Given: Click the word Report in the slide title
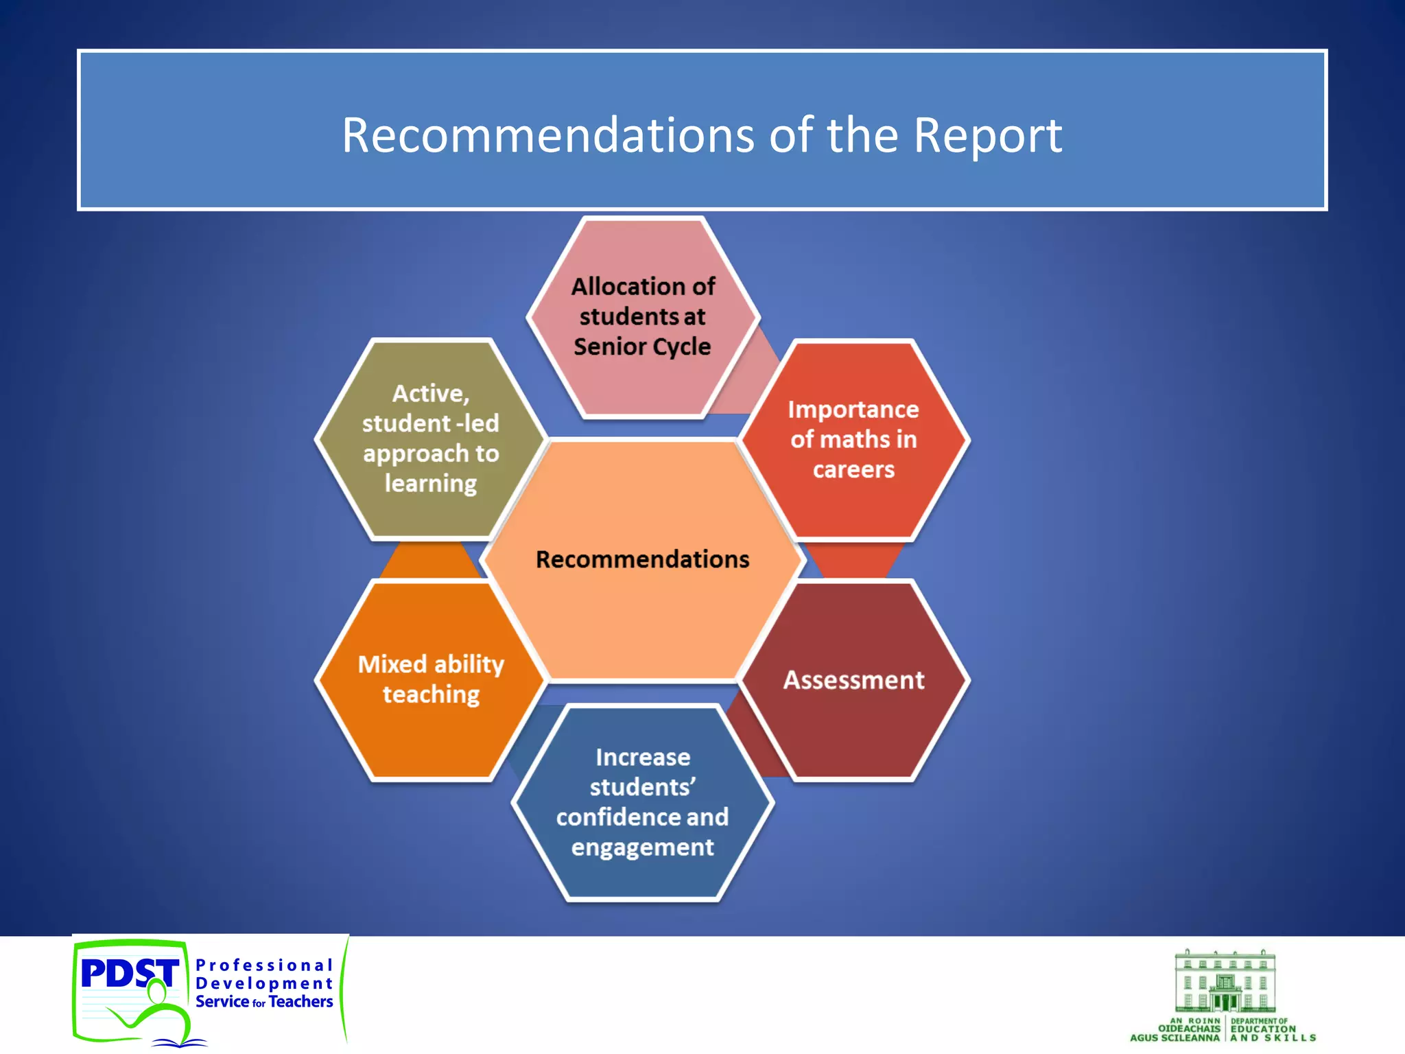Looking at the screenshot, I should tap(987, 135).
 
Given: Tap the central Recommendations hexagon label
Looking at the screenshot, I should tap(642, 559).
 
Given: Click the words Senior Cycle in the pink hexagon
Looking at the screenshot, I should tap(642, 347).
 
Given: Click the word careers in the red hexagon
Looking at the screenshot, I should tap(853, 470).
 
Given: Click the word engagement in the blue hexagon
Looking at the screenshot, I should tap(642, 847).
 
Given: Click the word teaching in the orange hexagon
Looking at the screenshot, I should tap(431, 694).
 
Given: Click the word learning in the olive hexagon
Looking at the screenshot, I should tap(431, 484).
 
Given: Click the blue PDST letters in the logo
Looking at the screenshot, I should tap(129, 972).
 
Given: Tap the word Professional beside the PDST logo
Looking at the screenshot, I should tap(264, 965).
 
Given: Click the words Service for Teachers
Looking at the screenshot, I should tap(264, 1002).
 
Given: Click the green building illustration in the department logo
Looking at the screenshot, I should tap(1225, 981).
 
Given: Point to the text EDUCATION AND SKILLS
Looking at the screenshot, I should tap(1273, 1033).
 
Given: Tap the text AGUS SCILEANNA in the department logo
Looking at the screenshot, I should tap(1174, 1038).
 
